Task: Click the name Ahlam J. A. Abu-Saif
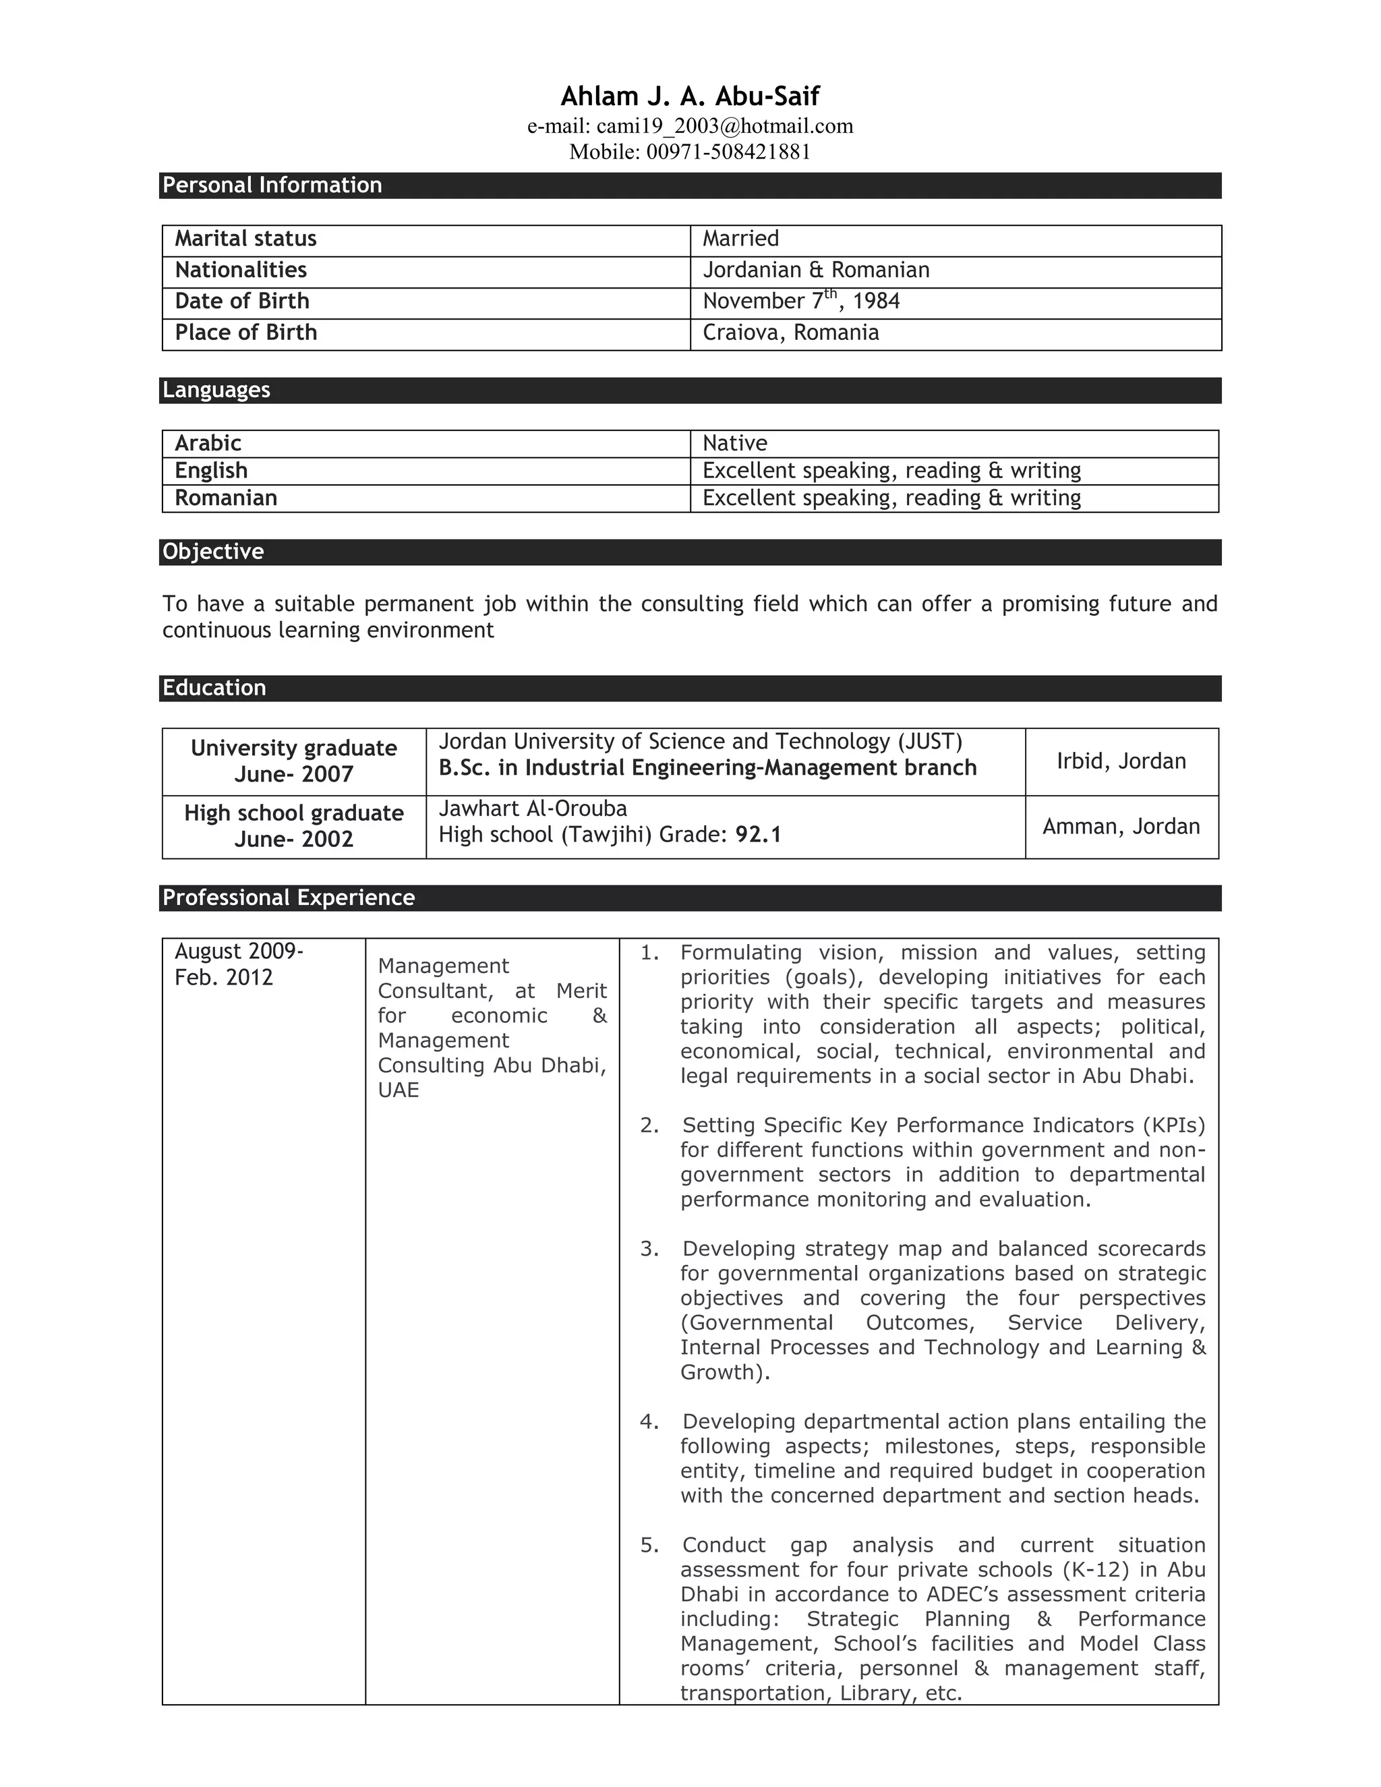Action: [690, 96]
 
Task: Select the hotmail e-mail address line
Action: [690, 126]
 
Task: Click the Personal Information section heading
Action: [272, 185]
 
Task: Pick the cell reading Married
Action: [740, 239]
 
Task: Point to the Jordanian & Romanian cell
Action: [816, 270]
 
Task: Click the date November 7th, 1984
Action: [800, 301]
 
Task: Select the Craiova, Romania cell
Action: [790, 333]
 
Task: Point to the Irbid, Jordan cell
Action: [1121, 761]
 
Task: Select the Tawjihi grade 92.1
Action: [757, 835]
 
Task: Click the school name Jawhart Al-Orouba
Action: [533, 809]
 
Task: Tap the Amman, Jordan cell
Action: [1121, 827]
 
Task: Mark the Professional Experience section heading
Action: [288, 898]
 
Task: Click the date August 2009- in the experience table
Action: [239, 951]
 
